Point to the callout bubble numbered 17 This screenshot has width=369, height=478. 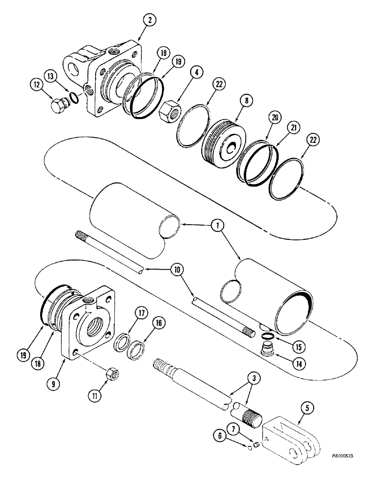(x=127, y=314)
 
